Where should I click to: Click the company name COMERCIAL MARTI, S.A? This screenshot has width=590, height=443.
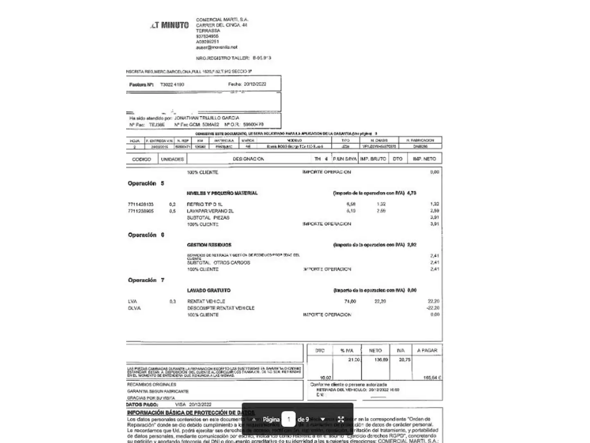tap(222, 20)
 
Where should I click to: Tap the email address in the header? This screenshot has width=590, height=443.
tap(216, 47)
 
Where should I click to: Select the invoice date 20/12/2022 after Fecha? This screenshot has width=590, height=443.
tap(255, 84)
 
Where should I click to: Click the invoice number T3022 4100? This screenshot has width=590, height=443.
tap(172, 84)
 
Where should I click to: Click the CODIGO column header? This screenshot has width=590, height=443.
tap(141, 159)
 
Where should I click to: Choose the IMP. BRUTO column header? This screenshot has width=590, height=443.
tap(373, 159)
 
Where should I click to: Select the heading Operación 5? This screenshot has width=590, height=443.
tap(146, 183)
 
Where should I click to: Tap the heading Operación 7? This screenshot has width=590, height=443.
tap(146, 280)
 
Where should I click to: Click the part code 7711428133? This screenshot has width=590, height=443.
tap(141, 204)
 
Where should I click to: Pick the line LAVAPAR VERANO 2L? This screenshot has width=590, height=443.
tap(210, 211)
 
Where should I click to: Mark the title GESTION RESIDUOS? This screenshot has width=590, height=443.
tap(209, 245)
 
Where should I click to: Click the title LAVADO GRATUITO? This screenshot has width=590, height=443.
tap(209, 290)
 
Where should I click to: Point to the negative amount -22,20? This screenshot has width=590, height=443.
tap(433, 308)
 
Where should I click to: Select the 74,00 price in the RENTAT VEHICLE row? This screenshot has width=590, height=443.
tap(350, 301)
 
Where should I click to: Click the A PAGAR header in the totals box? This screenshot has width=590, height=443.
tap(427, 351)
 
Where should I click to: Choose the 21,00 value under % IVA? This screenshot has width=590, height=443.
tap(354, 360)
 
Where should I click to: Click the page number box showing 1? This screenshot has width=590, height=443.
tap(288, 419)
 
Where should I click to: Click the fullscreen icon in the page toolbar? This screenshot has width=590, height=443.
tap(340, 419)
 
